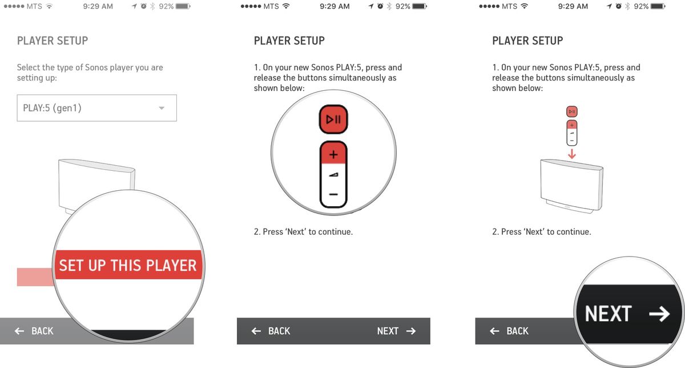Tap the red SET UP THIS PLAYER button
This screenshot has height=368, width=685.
128,265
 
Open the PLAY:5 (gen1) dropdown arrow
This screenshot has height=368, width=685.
162,108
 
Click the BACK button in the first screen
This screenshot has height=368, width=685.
34,331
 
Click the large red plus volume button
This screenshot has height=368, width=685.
334,154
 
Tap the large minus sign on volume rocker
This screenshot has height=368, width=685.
334,195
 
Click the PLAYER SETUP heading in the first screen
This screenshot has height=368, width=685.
53,41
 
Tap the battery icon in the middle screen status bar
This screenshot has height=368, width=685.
420,6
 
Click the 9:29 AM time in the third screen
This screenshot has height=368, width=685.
573,6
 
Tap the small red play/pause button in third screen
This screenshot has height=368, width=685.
572,111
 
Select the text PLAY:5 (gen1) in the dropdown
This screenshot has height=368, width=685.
52,108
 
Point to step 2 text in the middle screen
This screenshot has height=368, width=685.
303,232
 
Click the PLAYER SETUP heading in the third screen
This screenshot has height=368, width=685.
527,41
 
